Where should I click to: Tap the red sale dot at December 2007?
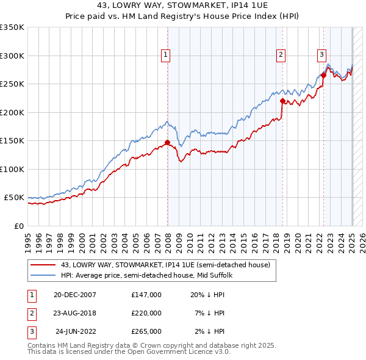pos(167,143)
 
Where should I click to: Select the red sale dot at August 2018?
pos(282,101)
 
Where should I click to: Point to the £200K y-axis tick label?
pos(12,112)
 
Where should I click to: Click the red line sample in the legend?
pos(44,264)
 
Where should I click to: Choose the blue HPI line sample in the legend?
pos(44,275)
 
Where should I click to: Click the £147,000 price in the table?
pos(146,294)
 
